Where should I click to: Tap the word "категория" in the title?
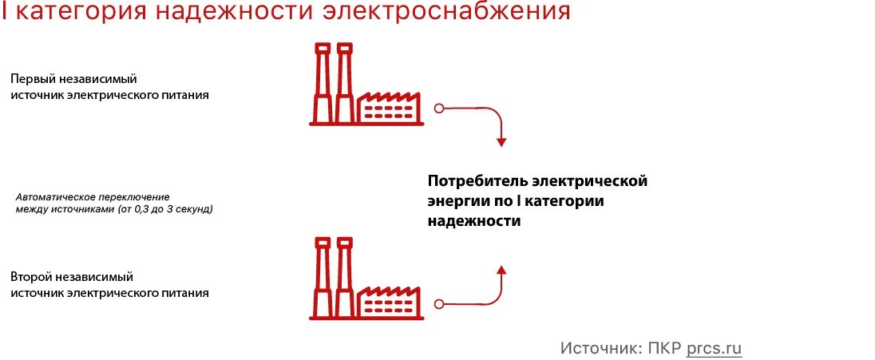(77, 13)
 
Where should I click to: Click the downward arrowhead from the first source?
(501, 142)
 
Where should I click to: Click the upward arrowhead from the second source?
(501, 269)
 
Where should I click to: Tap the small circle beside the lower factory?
(437, 303)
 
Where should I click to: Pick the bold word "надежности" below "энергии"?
(474, 222)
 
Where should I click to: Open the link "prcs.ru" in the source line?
(714, 348)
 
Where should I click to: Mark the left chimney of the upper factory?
(323, 84)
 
